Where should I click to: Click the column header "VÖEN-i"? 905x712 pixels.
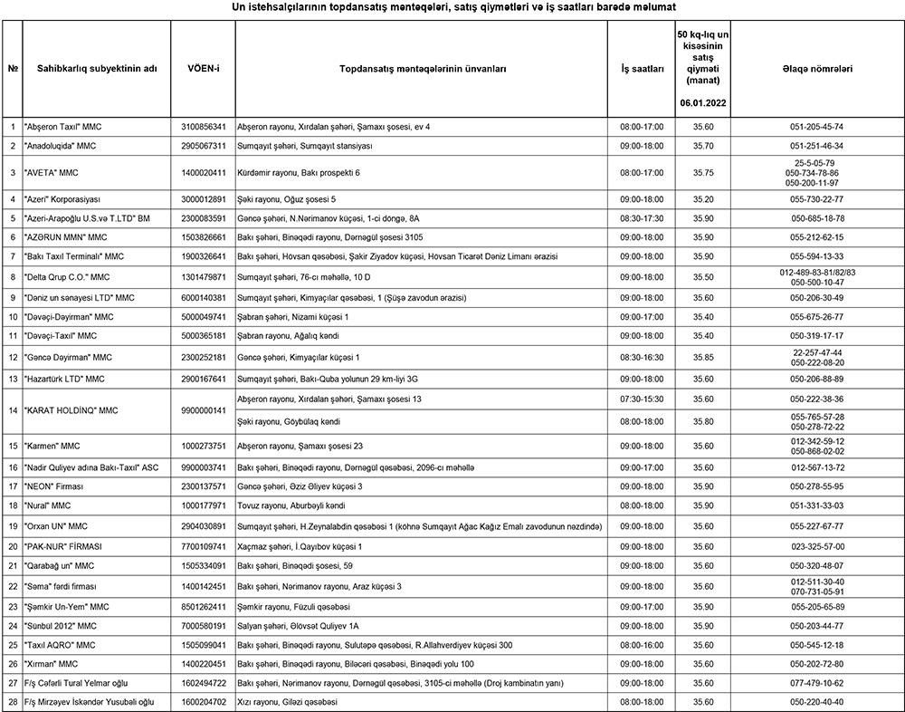(204, 68)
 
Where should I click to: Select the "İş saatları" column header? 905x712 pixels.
(642, 68)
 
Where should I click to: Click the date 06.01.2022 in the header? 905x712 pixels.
(703, 104)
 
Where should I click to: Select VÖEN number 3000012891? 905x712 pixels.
(204, 198)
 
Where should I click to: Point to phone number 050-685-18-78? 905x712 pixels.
(816, 218)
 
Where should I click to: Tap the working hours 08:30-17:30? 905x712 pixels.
(642, 218)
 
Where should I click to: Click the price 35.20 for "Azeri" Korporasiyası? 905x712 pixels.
(703, 198)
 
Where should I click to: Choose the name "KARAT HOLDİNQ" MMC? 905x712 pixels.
(71, 410)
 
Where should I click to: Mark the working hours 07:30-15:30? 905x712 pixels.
(642, 399)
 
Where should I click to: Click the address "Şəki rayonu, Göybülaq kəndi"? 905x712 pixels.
(289, 421)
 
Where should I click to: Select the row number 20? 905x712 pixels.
(13, 546)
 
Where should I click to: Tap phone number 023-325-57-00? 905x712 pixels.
(816, 546)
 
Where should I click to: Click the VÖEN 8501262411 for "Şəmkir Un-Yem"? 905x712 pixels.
(204, 606)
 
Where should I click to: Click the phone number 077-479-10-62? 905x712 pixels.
(816, 682)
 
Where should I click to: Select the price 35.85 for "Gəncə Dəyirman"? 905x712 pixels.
(703, 357)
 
